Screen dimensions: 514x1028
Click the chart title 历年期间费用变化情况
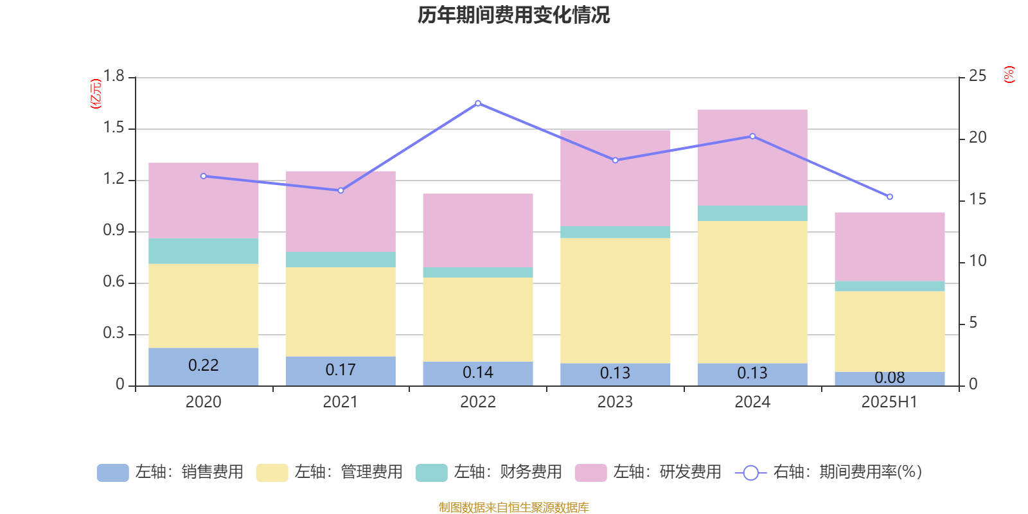(x=513, y=15)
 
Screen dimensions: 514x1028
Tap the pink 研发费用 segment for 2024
(x=752, y=157)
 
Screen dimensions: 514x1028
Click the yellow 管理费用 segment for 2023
(x=615, y=301)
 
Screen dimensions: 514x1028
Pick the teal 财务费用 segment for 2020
(x=203, y=251)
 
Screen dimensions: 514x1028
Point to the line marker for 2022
(x=478, y=103)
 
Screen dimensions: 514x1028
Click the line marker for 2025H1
(x=890, y=197)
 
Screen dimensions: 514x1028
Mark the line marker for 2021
(x=341, y=191)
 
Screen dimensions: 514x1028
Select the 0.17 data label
(x=341, y=370)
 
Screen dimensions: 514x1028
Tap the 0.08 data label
(x=890, y=378)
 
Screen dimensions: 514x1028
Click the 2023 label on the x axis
(x=615, y=402)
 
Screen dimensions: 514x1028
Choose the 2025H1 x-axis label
(x=889, y=402)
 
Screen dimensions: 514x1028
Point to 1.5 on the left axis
(x=114, y=128)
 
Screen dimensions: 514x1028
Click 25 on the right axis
(x=977, y=76)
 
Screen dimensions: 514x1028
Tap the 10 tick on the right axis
(x=977, y=261)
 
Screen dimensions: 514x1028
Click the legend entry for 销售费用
(x=171, y=472)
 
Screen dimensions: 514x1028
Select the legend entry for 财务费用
(x=490, y=472)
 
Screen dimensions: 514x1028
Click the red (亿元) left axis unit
(x=96, y=94)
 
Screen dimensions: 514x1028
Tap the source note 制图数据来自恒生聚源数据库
(x=513, y=508)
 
